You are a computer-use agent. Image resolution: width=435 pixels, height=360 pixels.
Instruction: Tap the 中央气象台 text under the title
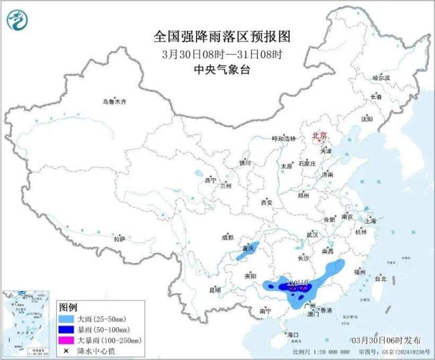[217, 68]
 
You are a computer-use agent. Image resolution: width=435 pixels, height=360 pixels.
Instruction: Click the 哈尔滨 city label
[381, 78]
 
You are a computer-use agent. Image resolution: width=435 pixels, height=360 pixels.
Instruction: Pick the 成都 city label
[228, 237]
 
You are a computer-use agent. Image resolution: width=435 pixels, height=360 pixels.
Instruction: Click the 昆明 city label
[214, 290]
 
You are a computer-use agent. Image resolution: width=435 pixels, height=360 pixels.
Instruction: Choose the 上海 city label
[369, 220]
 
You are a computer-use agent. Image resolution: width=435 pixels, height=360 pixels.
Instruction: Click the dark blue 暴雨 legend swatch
[66, 329]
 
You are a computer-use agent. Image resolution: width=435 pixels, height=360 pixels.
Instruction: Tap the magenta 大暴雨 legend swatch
[66, 340]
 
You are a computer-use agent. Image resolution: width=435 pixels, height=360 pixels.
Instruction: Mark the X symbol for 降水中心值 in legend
[66, 350]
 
